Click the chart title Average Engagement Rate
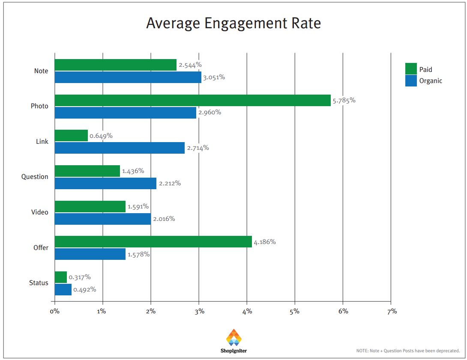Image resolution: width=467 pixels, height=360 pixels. (x=233, y=23)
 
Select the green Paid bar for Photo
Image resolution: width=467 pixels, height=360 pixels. (x=192, y=100)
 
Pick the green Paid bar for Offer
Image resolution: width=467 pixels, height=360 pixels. (x=153, y=241)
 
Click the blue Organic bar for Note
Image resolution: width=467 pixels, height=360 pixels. (x=128, y=77)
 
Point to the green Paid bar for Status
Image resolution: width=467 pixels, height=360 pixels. (x=61, y=277)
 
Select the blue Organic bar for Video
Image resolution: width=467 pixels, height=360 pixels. (x=102, y=219)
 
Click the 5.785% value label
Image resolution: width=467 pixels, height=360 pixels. (x=344, y=101)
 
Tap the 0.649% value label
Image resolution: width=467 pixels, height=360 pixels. (x=101, y=136)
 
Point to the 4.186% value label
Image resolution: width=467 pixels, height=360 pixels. (x=265, y=242)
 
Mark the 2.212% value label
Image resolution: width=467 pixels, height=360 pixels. (x=170, y=183)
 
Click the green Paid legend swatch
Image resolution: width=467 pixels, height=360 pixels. (x=411, y=69)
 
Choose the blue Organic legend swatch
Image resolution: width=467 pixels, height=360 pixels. (x=411, y=80)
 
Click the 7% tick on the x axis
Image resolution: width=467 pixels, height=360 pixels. (x=392, y=311)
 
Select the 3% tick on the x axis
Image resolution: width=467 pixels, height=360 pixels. (x=199, y=311)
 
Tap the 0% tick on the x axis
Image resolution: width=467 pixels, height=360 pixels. (x=54, y=311)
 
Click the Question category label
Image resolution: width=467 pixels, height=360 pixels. (x=35, y=177)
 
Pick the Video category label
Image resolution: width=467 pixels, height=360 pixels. (x=40, y=212)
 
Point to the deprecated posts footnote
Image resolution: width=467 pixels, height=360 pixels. (x=408, y=351)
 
